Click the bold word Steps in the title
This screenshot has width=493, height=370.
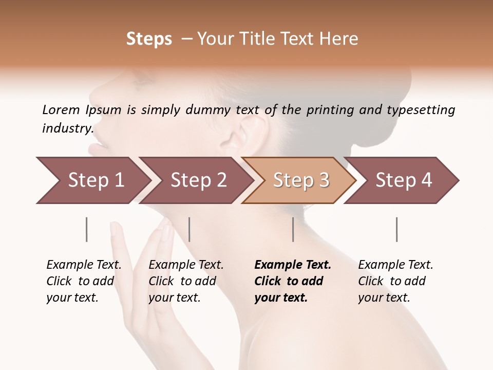coord(149,39)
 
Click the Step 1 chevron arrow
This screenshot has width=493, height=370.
coord(92,180)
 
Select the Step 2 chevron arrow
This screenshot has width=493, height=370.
coord(197,180)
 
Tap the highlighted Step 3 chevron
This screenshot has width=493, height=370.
coord(300,180)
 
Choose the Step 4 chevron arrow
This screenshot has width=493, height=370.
coord(403,180)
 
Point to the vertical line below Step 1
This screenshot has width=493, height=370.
coord(87,229)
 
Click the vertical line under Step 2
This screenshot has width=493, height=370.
coord(189,229)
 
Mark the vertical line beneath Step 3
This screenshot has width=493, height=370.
coord(293,229)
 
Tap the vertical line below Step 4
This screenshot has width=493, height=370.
coord(397,229)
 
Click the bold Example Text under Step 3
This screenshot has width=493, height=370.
coord(293,281)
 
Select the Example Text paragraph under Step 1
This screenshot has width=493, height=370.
coord(84,281)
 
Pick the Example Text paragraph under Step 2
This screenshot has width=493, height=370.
coord(186,281)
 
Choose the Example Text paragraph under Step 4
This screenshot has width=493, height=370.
coord(395,281)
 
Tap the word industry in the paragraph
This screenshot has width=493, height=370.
coord(67,128)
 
